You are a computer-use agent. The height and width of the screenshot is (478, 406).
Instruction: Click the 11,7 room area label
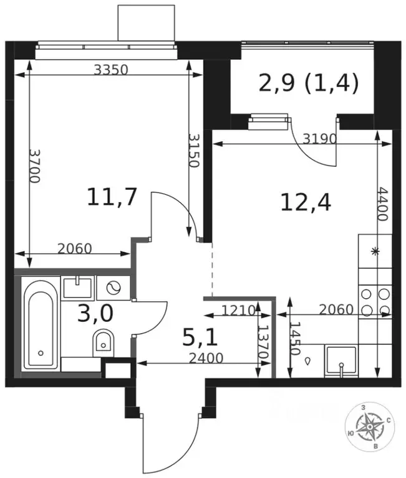tap(112, 197)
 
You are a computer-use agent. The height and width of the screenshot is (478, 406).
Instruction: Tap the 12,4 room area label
tap(306, 203)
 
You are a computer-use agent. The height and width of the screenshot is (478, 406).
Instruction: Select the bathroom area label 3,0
tap(95, 314)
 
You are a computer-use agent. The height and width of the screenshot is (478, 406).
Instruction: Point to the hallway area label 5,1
tap(200, 338)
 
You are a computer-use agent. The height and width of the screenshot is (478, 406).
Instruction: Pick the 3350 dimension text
tap(110, 70)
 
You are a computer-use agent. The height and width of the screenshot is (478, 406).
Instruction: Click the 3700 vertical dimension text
tap(34, 166)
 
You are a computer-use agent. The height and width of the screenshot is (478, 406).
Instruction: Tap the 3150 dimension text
tap(193, 150)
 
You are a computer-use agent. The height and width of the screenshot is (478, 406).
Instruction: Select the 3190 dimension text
tap(319, 139)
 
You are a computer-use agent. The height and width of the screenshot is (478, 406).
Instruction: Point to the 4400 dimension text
tap(382, 204)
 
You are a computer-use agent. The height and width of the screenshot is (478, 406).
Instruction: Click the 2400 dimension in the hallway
tap(206, 358)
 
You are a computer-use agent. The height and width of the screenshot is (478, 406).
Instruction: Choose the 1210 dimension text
tap(238, 311)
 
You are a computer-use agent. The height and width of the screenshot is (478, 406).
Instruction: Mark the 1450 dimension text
tap(296, 339)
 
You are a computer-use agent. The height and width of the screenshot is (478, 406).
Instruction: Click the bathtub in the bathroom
tap(41, 324)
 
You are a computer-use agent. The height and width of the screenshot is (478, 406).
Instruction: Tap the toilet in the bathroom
tap(103, 343)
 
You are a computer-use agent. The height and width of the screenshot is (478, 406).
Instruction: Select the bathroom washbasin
tap(77, 288)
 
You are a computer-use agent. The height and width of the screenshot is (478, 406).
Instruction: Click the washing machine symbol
tap(114, 288)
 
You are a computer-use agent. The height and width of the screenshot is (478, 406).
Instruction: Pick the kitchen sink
tap(341, 360)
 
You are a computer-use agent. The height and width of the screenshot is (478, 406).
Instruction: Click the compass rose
tap(370, 426)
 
